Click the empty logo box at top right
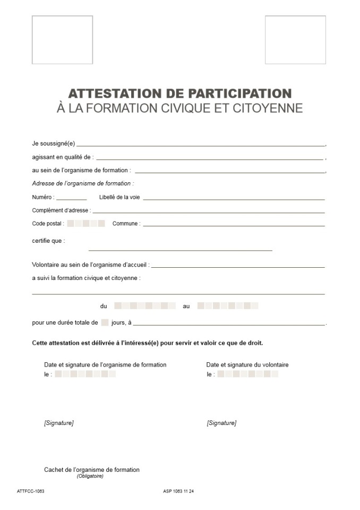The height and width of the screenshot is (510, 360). (x=295, y=40)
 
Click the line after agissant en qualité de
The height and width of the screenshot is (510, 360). (x=210, y=159)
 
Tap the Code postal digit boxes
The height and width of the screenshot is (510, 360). (x=86, y=224)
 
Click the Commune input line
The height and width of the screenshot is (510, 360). (x=234, y=225)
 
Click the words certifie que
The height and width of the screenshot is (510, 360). (x=48, y=241)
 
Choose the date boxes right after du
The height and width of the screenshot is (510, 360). (x=145, y=306)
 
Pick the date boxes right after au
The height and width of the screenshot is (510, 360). (x=228, y=306)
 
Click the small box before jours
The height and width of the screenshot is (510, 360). (x=105, y=322)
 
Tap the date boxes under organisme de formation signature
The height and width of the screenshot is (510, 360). (x=85, y=374)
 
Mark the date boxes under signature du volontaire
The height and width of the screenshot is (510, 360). (x=247, y=374)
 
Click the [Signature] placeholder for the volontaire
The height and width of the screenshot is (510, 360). (x=221, y=423)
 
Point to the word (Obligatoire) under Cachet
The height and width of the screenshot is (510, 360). (x=90, y=476)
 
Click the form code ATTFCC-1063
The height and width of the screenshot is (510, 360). (x=30, y=491)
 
